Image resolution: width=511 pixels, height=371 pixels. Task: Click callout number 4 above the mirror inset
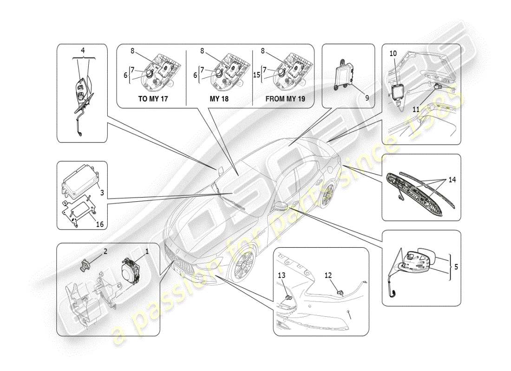point(83,50)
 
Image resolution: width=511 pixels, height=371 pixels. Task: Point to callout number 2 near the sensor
point(105,251)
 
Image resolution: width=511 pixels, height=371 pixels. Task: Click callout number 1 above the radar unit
point(147,252)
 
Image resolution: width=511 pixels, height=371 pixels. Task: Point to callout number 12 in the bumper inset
point(328,275)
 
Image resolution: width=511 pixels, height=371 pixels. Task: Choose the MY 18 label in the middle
point(219,98)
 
